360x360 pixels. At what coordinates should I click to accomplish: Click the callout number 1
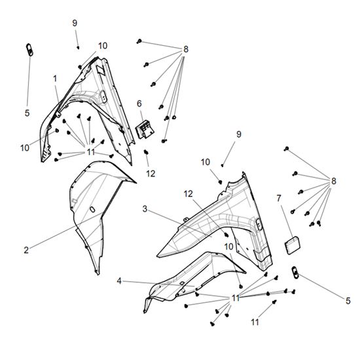click(x=55, y=79)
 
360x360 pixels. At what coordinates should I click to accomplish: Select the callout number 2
click(x=26, y=250)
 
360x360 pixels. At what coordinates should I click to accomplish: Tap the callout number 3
click(x=145, y=209)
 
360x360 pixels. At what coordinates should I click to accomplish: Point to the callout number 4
click(x=119, y=281)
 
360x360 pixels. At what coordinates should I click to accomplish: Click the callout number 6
click(x=139, y=104)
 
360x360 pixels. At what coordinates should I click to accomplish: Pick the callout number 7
click(x=279, y=198)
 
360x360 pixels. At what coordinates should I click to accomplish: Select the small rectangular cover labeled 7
click(x=293, y=245)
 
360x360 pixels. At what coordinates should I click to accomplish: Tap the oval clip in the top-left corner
click(x=29, y=49)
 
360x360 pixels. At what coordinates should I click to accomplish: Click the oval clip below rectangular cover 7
click(x=295, y=272)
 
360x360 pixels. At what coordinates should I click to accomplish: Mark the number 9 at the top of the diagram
click(x=75, y=23)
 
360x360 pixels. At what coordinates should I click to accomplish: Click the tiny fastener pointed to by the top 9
click(x=78, y=48)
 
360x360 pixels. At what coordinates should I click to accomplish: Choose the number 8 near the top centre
click(x=186, y=49)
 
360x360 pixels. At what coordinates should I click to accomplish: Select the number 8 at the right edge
click(x=333, y=181)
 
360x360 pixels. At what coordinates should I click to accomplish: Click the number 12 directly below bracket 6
click(x=151, y=174)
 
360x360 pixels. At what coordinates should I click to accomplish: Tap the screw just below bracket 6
click(x=145, y=152)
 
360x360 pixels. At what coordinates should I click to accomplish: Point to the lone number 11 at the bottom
click(x=255, y=322)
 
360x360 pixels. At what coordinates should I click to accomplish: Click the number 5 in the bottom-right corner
click(x=348, y=301)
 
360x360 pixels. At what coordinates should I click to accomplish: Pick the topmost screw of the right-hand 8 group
click(x=286, y=149)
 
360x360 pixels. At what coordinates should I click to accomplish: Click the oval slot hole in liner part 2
click(x=92, y=209)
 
